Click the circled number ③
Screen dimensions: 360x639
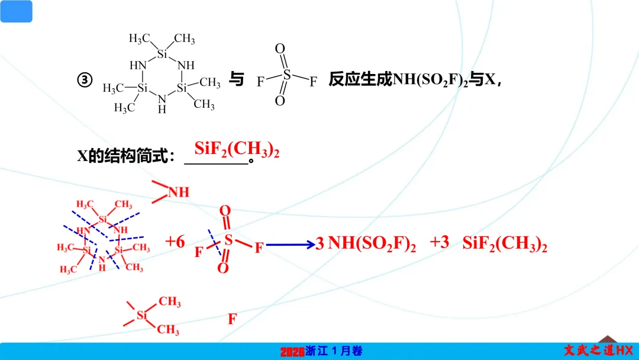(x=85, y=80)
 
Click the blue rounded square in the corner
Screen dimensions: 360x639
(x=16, y=11)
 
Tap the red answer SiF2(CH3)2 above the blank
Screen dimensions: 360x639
(x=237, y=150)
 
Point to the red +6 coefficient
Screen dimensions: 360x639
(x=175, y=242)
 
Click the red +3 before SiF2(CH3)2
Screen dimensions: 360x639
(x=440, y=242)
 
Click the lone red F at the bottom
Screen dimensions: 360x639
(x=233, y=320)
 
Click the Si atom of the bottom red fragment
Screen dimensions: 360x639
(x=141, y=316)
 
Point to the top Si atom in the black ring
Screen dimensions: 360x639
(x=162, y=54)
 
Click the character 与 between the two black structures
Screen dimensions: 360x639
(x=237, y=80)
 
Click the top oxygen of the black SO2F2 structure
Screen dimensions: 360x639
(x=280, y=49)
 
